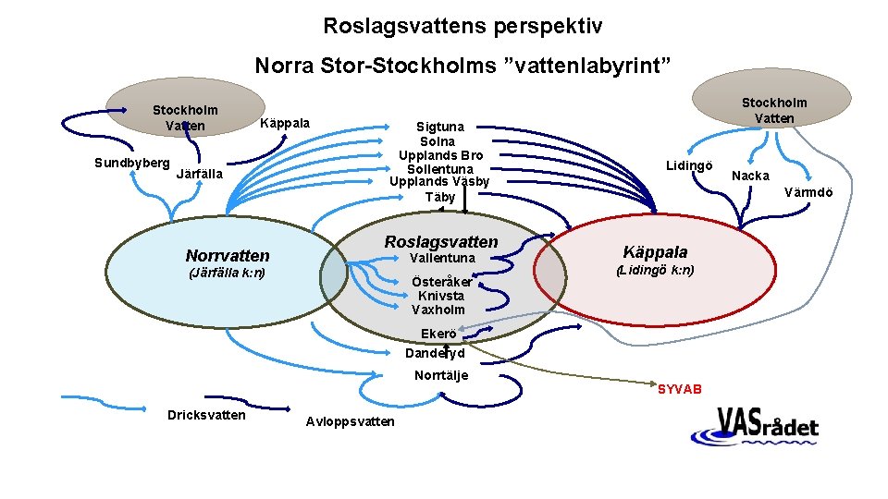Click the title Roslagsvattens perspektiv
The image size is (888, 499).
tap(462, 26)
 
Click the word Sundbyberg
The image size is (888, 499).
tap(131, 163)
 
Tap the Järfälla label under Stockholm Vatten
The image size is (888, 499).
tap(199, 173)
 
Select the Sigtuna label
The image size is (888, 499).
tap(440, 127)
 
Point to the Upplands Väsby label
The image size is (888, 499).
tap(439, 182)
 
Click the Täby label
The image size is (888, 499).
tap(440, 197)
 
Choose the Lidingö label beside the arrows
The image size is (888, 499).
tap(689, 164)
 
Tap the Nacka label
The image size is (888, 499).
tap(750, 176)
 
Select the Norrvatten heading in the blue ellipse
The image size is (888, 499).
tap(228, 255)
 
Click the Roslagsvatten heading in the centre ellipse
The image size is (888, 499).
tap(441, 242)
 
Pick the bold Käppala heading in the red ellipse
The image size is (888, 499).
tap(655, 252)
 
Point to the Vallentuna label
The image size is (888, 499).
tap(441, 258)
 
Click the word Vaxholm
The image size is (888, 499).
tap(438, 310)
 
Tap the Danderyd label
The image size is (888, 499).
tap(435, 353)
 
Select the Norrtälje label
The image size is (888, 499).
tap(441, 375)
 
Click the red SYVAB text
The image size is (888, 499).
tap(680, 389)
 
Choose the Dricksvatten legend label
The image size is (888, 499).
tap(206, 415)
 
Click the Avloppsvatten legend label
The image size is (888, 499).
tap(350, 421)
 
